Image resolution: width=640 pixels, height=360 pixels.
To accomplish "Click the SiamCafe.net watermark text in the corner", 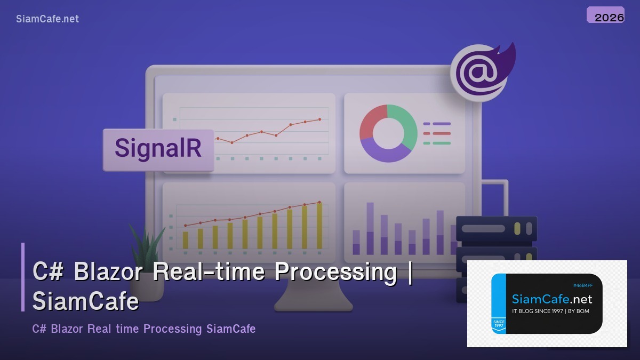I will [x=47, y=19].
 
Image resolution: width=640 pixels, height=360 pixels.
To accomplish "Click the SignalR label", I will [x=158, y=148].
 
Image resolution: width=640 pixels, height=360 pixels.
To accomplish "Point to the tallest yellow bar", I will [x=319, y=225].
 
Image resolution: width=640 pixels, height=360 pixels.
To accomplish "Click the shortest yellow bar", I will [x=186, y=239].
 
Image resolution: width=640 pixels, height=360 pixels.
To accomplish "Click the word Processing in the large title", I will [x=335, y=272].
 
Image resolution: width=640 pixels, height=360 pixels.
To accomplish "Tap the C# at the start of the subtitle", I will [x=39, y=329].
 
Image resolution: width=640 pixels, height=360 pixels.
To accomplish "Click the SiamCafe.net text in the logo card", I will [x=551, y=299].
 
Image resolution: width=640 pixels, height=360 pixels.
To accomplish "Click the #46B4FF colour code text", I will [x=583, y=285].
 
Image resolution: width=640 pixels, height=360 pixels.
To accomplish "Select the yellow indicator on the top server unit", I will [x=517, y=229].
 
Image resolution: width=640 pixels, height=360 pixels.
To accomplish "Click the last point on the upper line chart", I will [x=319, y=119].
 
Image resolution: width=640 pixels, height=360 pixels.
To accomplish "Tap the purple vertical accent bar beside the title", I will [x=23, y=277].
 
